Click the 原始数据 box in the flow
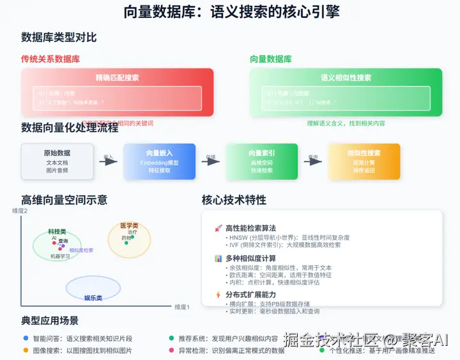(x=57, y=161)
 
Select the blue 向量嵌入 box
(x=159, y=161)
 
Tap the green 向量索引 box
(x=262, y=161)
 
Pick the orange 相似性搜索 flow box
(x=364, y=161)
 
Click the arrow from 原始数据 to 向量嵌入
(x=108, y=162)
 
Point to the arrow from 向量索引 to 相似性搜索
(x=313, y=162)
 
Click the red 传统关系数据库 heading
(x=50, y=59)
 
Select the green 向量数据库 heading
(x=271, y=59)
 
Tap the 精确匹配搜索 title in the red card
(x=117, y=77)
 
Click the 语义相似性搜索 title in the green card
(x=346, y=77)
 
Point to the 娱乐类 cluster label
(x=93, y=297)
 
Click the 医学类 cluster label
(x=129, y=226)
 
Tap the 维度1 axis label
(x=182, y=307)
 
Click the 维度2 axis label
(x=21, y=211)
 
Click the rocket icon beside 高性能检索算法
(x=218, y=228)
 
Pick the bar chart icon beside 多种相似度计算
(x=218, y=258)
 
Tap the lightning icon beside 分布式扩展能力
(x=218, y=295)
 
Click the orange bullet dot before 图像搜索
(x=26, y=350)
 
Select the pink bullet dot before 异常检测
(x=171, y=350)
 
